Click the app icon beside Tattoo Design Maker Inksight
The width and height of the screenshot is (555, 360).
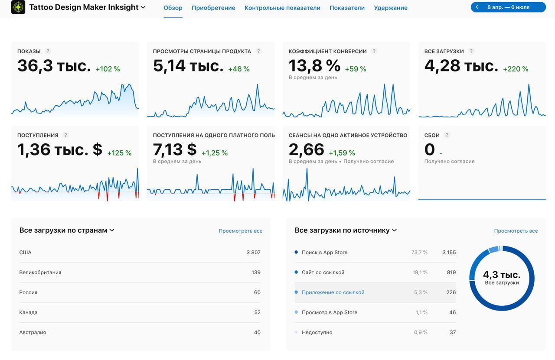pos(18,7)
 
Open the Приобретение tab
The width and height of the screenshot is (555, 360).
pos(213,8)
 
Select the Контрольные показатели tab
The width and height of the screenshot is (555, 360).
pos(282,8)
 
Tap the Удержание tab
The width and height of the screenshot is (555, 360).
pos(391,8)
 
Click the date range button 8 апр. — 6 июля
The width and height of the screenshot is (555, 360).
pos(508,7)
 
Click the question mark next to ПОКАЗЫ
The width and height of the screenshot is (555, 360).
pos(48,51)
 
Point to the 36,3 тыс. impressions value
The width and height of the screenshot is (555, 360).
pos(54,66)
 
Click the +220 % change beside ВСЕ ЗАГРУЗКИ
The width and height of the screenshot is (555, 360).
pos(516,69)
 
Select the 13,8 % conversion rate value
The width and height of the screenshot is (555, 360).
pos(314,66)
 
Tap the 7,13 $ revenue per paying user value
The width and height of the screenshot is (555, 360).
pos(175,150)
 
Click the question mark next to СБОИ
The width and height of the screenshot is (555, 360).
pos(447,135)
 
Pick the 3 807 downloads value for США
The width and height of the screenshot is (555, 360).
pos(253,253)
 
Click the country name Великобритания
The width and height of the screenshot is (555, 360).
pos(40,272)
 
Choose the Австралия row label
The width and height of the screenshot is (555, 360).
pos(33,332)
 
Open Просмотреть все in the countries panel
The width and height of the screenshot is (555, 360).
pos(240,231)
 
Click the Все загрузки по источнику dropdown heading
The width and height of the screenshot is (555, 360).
pos(346,230)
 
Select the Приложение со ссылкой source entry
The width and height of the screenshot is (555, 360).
pos(333,292)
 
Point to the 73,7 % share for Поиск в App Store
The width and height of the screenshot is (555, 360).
pos(419,253)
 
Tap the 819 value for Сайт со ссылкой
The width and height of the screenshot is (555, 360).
pos(451,272)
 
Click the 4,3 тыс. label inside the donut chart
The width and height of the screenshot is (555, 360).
pos(502,275)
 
